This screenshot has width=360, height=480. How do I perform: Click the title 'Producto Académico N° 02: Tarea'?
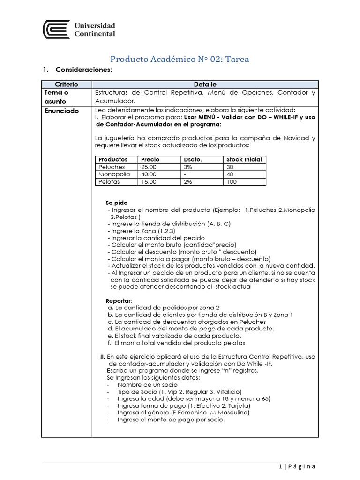point(180,59)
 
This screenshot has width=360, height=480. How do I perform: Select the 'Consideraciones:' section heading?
point(84,70)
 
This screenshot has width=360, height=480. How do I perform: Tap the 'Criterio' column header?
point(66,84)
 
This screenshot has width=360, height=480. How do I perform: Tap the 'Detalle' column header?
point(205,84)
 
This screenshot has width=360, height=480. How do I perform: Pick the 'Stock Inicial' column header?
point(244,159)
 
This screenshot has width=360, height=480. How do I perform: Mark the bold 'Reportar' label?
point(119,300)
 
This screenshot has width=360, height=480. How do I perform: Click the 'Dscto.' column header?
point(192,159)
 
